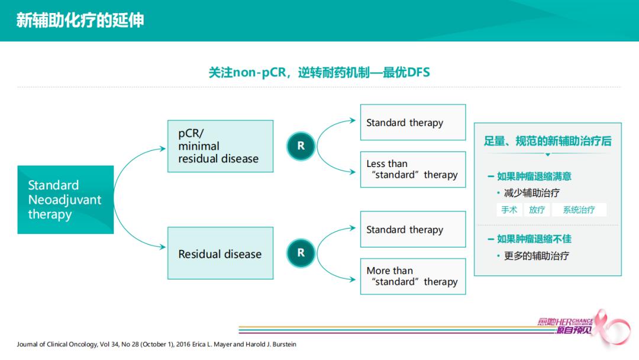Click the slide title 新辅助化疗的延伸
pyautogui.click(x=80, y=20)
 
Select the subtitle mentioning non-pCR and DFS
pyautogui.click(x=319, y=72)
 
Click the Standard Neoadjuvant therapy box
pyautogui.click(x=66, y=200)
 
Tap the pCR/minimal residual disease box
pyautogui.click(x=220, y=146)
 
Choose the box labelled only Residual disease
pyautogui.click(x=220, y=253)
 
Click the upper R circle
pyautogui.click(x=301, y=146)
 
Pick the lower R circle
pyautogui.click(x=301, y=253)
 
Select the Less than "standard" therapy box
pyautogui.click(x=412, y=169)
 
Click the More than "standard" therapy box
pyautogui.click(x=412, y=276)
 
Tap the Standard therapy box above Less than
pyautogui.click(x=412, y=123)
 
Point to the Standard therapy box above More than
pyautogui.click(x=412, y=229)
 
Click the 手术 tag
pyautogui.click(x=509, y=210)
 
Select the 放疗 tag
pyautogui.click(x=537, y=210)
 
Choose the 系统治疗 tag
pyautogui.click(x=579, y=210)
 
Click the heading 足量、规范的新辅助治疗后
pyautogui.click(x=547, y=141)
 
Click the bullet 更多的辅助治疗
pyautogui.click(x=536, y=256)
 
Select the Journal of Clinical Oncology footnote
pyautogui.click(x=157, y=344)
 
